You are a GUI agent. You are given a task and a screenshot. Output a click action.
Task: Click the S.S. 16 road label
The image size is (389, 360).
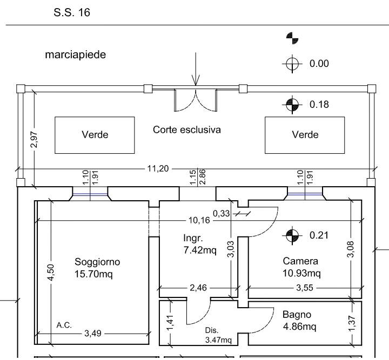[72, 12]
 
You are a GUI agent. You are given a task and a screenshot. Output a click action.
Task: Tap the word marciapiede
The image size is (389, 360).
[76, 55]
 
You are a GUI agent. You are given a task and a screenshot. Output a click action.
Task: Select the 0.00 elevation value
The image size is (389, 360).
[319, 64]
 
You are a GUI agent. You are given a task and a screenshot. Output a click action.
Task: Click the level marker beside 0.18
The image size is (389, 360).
[292, 105]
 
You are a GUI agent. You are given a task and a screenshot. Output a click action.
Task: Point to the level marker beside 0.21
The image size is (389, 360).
[292, 235]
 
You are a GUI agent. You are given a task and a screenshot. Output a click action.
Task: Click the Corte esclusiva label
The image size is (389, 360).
[187, 130]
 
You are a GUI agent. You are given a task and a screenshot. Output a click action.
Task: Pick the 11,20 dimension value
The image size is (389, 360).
[158, 168]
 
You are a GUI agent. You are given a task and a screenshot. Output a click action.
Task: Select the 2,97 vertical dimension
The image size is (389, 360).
[34, 139]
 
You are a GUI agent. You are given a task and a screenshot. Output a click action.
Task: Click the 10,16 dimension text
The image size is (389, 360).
[199, 220]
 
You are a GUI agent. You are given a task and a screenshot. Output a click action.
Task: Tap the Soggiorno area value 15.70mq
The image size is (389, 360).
[93, 274]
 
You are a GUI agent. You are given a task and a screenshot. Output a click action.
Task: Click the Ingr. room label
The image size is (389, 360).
[193, 239]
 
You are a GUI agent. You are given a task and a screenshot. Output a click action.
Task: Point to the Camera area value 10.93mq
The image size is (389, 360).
[301, 273]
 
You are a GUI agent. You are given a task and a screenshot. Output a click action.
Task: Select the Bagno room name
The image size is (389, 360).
[297, 315]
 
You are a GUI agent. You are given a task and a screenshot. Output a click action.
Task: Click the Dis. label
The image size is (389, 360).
[212, 330]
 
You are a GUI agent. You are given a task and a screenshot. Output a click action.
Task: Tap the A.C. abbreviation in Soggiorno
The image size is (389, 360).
[64, 325]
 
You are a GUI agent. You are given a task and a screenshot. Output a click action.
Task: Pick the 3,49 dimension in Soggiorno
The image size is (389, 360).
[93, 334]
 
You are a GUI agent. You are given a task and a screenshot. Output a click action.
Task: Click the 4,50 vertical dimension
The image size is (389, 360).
[51, 273]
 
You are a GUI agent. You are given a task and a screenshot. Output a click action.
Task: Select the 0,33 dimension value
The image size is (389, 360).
[222, 213]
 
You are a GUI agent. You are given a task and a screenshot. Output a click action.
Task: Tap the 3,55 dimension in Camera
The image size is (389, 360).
[305, 288]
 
